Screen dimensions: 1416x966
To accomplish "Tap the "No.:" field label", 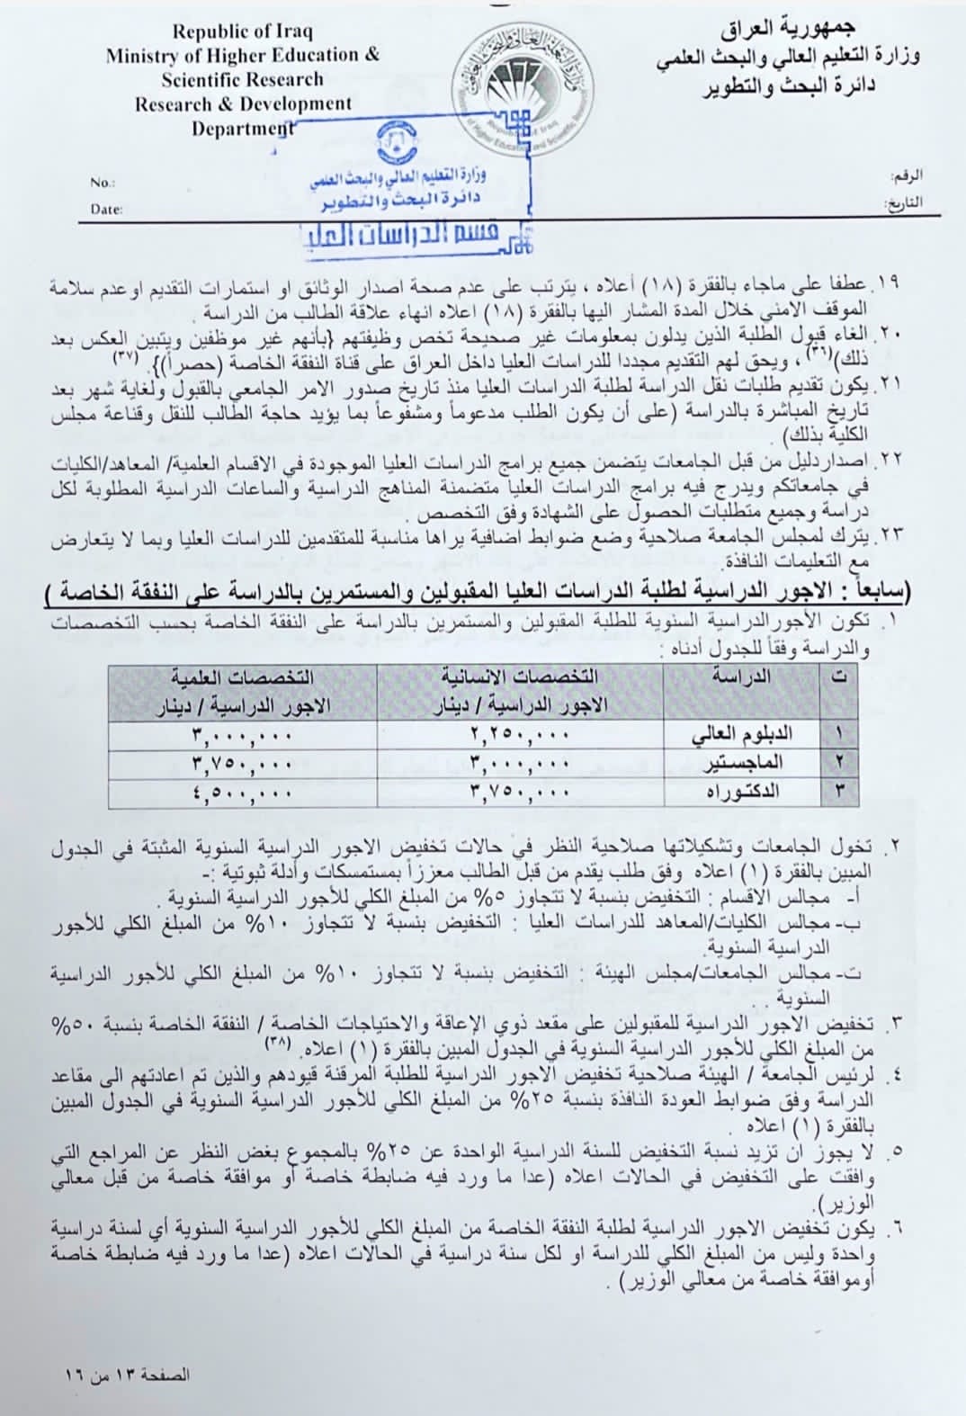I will (x=103, y=183).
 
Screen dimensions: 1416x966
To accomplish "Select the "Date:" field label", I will (x=106, y=210).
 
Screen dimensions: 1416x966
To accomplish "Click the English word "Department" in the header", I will (x=242, y=128).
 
